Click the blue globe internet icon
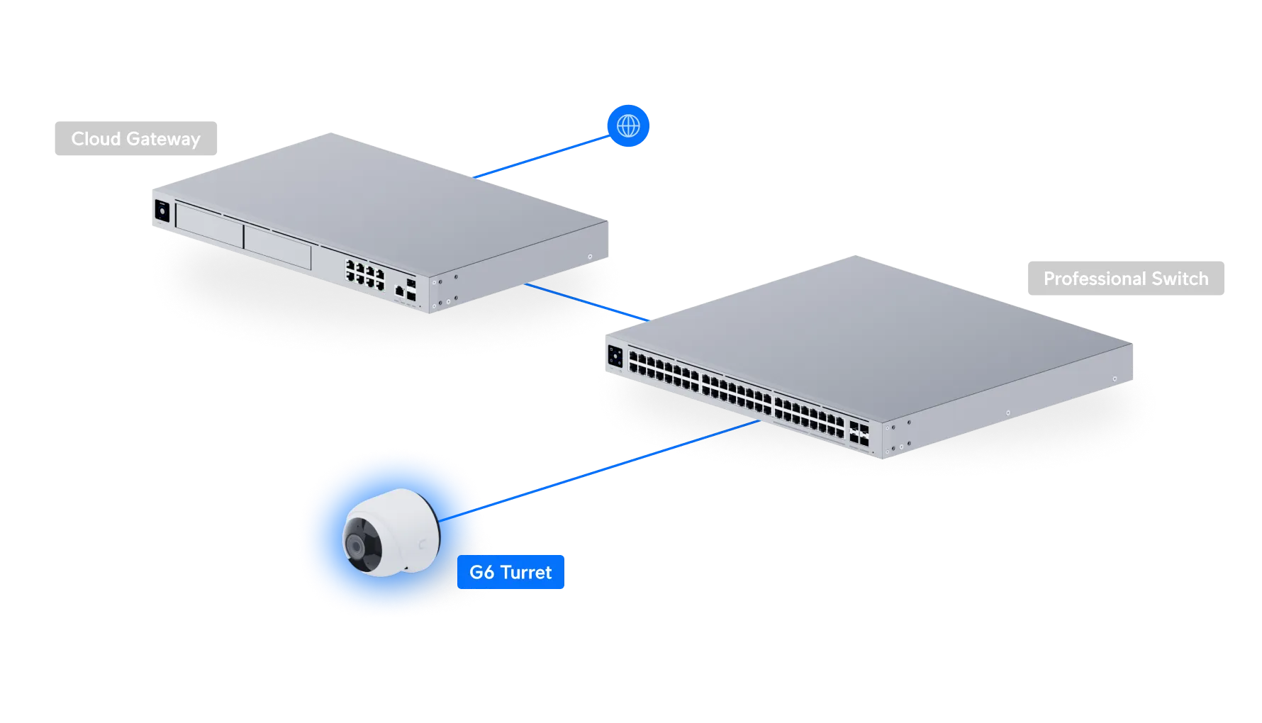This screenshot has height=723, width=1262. point(628,125)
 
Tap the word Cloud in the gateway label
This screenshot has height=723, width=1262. point(95,139)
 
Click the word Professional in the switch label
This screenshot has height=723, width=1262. point(1094,279)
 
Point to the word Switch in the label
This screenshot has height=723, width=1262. point(1180,279)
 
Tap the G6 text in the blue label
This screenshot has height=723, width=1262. point(481,572)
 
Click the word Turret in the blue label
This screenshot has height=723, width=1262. point(525,572)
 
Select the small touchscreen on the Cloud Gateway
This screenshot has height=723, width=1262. point(162,212)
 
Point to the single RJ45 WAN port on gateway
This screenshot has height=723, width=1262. point(399,290)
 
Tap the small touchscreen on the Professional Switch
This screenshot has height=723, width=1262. point(615,357)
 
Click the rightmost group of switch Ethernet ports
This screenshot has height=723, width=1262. point(808,414)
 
